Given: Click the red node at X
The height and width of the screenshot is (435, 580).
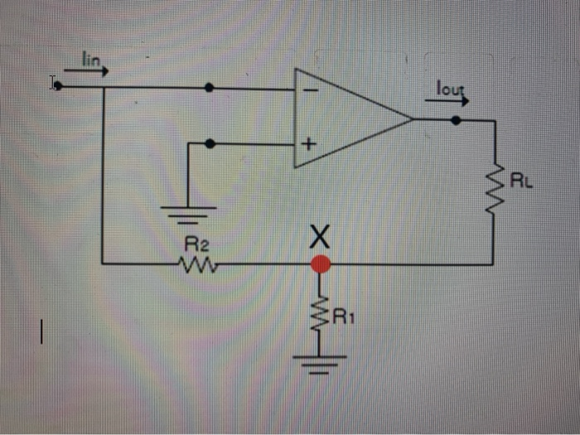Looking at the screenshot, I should pos(319,264).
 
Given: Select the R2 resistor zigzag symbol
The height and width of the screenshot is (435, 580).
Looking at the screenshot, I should pos(197,265).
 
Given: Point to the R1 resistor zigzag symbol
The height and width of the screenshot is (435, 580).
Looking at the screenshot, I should pos(319,313).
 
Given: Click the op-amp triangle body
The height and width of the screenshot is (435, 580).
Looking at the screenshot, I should pos(348,118).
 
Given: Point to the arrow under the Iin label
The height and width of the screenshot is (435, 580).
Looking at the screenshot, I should pos(86,71).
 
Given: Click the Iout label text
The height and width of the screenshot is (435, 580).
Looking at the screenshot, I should pos(448,87).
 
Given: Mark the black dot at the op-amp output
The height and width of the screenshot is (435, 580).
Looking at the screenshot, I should pos(455,119).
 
